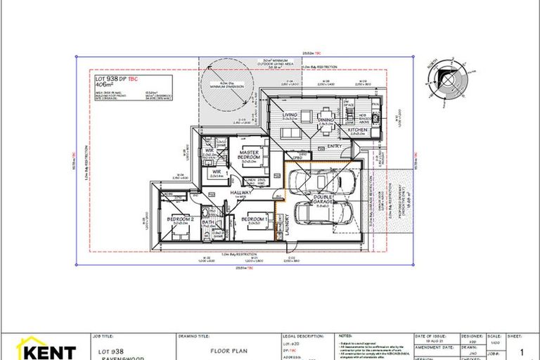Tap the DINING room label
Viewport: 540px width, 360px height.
[325, 120]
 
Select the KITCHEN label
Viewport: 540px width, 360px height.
[359, 129]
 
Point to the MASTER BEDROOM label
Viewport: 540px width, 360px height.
[250, 154]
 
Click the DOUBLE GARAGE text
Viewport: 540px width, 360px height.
[323, 200]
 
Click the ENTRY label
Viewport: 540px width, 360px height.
[335, 146]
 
